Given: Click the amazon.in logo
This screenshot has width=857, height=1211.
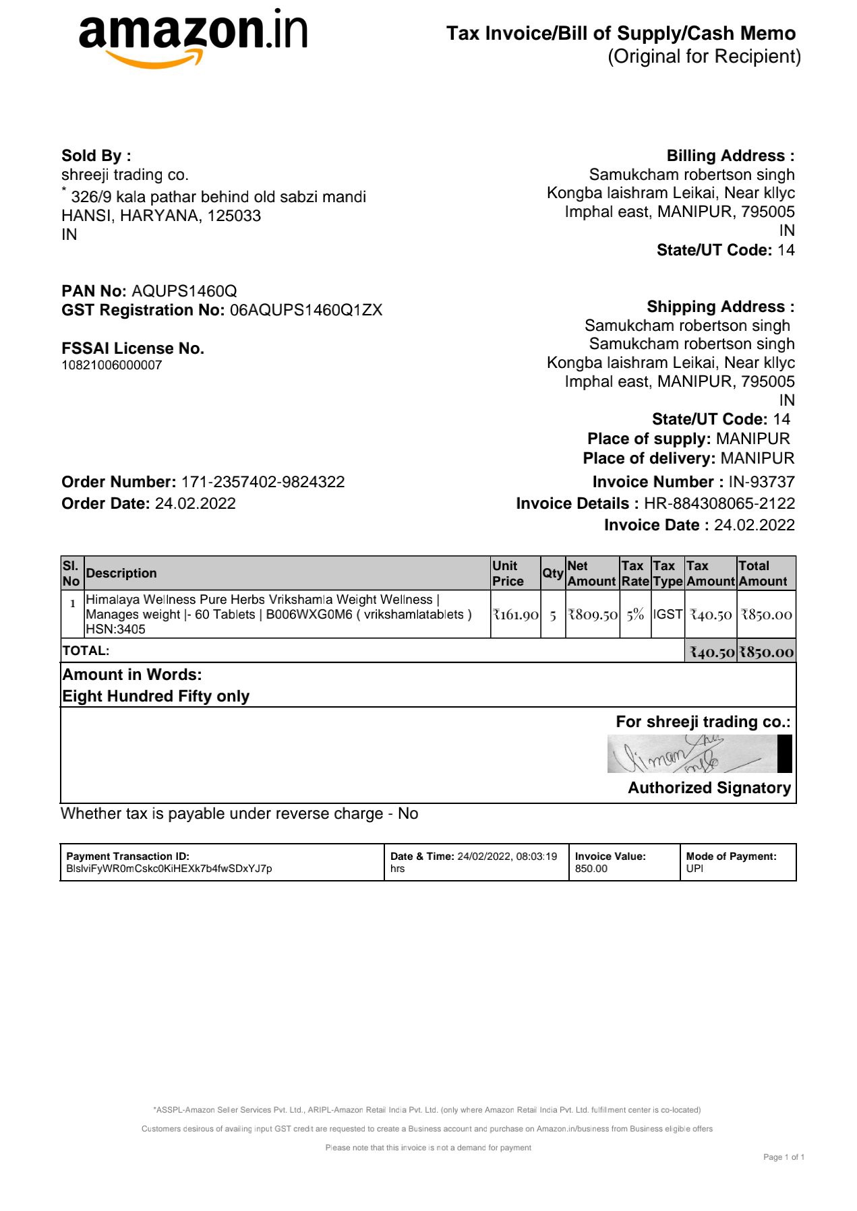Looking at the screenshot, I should tap(193, 38).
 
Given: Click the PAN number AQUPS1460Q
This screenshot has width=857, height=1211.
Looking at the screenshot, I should tap(184, 291).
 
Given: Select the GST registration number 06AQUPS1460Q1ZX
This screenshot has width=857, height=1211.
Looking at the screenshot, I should tap(306, 310).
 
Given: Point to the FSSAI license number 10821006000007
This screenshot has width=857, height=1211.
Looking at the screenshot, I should tap(112, 365).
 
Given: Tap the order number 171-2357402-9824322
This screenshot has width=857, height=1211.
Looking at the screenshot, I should tap(263, 482).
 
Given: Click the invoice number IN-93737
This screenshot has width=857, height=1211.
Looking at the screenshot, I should tap(761, 482).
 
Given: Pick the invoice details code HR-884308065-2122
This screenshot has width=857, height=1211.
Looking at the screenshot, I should tap(719, 503).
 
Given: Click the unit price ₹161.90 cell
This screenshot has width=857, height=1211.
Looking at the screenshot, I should tap(516, 615).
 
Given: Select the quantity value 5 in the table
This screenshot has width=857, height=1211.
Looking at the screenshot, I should tap(553, 615).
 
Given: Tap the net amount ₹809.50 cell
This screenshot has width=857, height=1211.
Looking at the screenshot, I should tap(593, 615).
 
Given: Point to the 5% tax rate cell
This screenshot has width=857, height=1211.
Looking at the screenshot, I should tap(635, 615).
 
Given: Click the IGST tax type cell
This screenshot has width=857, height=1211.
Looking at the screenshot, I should tap(668, 615).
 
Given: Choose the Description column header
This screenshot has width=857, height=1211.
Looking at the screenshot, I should tap(121, 573).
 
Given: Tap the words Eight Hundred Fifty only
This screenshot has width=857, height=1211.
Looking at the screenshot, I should tap(156, 696).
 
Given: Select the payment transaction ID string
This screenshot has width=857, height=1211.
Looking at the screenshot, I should tap(169, 869).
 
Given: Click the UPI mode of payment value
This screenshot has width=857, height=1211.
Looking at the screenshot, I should tap(695, 869).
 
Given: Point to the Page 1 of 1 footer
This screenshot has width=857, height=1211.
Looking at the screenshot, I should tap(784, 1157).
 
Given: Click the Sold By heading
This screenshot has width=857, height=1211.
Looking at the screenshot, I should tap(96, 156).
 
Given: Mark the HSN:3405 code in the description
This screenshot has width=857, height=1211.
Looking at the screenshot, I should tap(115, 629).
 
